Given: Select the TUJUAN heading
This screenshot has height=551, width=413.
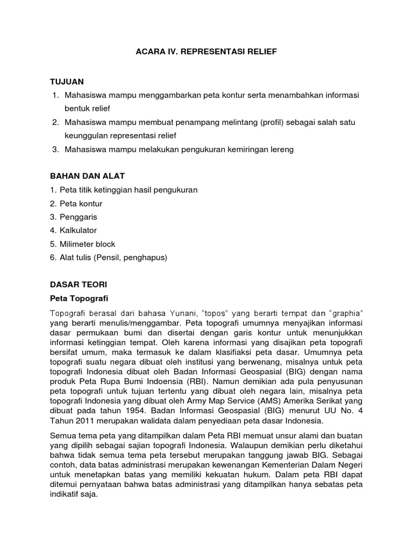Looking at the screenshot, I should [67, 81].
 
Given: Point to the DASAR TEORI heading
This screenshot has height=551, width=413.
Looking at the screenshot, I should [79, 284].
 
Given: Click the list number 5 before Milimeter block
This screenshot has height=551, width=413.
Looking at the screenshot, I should [52, 244].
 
